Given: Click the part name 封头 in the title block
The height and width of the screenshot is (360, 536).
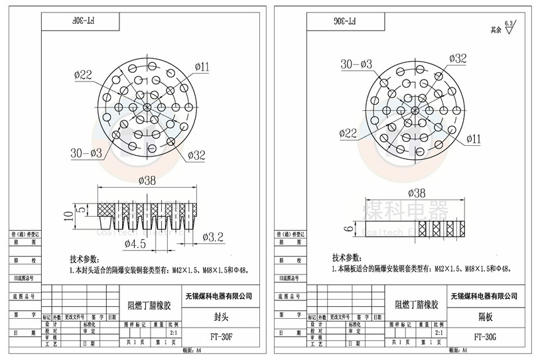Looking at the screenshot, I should click(221, 316).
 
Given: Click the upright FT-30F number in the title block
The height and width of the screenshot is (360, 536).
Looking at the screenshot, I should click(221, 336).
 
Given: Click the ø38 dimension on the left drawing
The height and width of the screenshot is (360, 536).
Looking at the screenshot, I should click(147, 180).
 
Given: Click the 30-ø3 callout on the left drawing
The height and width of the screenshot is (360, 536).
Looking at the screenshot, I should click(86, 153).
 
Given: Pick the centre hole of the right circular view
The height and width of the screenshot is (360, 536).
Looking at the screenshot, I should click(416, 109).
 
